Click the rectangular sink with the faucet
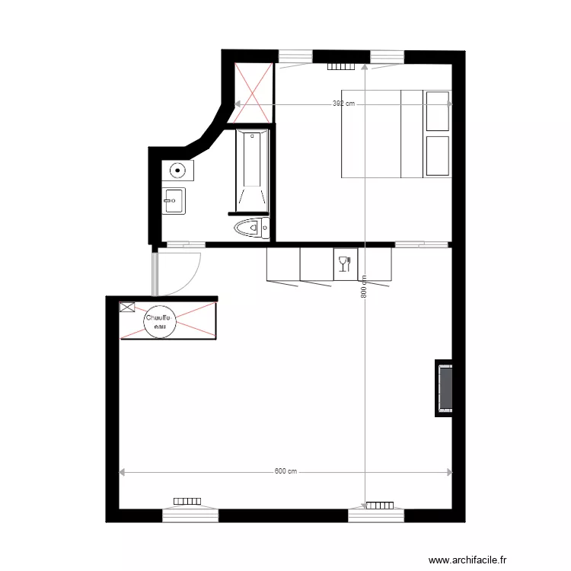(174, 202)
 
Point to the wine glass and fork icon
(344, 263)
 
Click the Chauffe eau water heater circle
(160, 322)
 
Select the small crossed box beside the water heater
(126, 308)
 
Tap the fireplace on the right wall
(445, 388)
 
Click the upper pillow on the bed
(438, 111)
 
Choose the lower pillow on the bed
(438, 156)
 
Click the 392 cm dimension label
(343, 104)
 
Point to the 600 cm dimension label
(285, 472)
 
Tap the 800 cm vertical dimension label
(365, 285)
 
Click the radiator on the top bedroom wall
(341, 66)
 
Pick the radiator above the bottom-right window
(378, 505)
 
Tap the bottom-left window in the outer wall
(190, 515)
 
